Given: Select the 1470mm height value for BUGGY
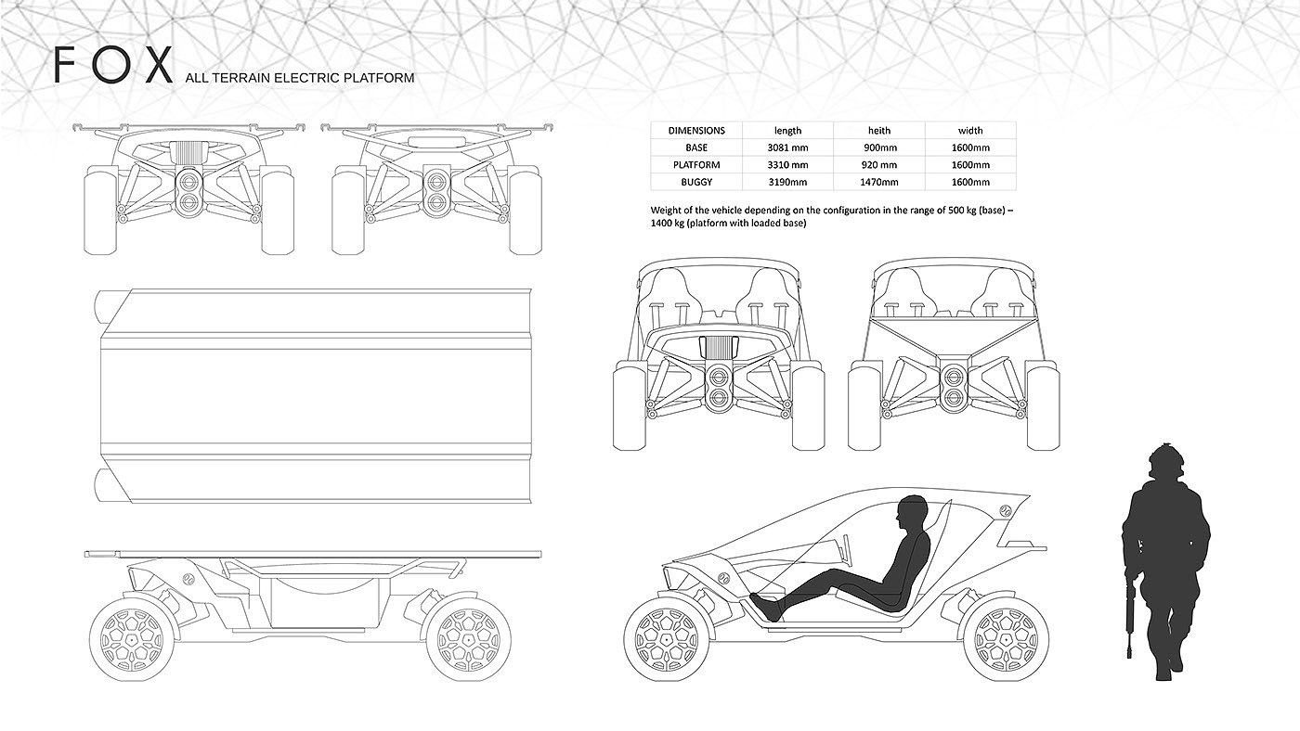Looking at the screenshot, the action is (877, 182).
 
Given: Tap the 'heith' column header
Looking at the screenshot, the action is (877, 131).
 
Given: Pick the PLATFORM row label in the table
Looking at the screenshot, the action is (695, 165).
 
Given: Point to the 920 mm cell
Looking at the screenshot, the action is (877, 165).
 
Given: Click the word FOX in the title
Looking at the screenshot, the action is (113, 67).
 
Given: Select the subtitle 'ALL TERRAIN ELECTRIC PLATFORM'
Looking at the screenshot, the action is (299, 78).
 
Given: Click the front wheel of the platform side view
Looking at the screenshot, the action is (133, 638).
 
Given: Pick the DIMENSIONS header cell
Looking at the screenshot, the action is (695, 131).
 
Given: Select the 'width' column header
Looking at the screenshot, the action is (970, 131).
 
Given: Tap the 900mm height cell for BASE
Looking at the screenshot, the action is (877, 147).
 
